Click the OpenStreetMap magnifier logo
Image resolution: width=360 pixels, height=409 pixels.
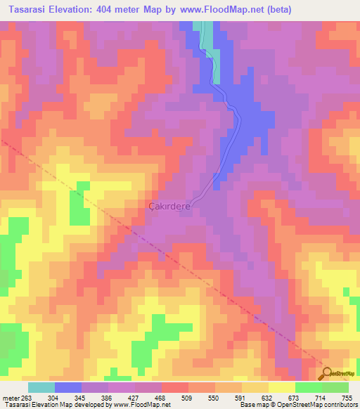326,373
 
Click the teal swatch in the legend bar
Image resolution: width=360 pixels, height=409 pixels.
41,387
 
